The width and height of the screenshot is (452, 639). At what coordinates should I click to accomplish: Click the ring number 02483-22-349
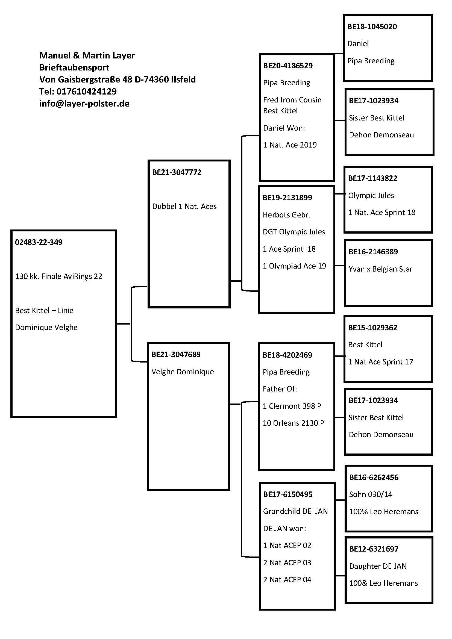[x=39, y=242]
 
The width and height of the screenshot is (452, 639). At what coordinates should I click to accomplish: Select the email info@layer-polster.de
[x=84, y=104]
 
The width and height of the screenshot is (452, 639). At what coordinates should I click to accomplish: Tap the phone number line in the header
[x=78, y=91]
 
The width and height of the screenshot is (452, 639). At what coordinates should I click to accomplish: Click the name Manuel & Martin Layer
[x=87, y=55]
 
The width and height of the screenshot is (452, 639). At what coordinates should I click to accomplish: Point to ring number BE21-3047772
[x=177, y=172]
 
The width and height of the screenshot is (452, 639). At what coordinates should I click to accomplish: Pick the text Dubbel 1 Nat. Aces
[x=184, y=207]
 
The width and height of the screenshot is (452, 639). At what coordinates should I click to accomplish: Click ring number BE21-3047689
[x=176, y=354]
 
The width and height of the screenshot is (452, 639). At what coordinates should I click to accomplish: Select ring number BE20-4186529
[x=288, y=66]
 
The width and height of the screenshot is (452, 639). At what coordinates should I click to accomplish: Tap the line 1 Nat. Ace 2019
[x=290, y=145]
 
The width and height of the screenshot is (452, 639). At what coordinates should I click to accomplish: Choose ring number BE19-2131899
[x=287, y=198]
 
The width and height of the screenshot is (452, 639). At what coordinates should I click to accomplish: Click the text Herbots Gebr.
[x=286, y=215]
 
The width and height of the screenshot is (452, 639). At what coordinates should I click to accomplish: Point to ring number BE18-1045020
[x=372, y=27]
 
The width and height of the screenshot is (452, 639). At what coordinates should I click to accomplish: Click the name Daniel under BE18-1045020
[x=358, y=44]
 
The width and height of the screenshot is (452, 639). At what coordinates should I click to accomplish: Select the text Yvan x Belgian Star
[x=380, y=269]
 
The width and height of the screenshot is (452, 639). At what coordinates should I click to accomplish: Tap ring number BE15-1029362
[x=373, y=328]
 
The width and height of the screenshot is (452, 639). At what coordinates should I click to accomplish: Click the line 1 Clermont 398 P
[x=292, y=406]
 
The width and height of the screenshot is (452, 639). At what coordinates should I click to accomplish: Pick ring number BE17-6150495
[x=288, y=494]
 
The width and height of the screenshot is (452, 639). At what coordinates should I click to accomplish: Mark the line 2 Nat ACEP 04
[x=287, y=580]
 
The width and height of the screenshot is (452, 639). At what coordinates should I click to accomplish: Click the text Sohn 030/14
[x=371, y=494]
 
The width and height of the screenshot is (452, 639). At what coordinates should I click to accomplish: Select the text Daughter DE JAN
[x=378, y=566]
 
